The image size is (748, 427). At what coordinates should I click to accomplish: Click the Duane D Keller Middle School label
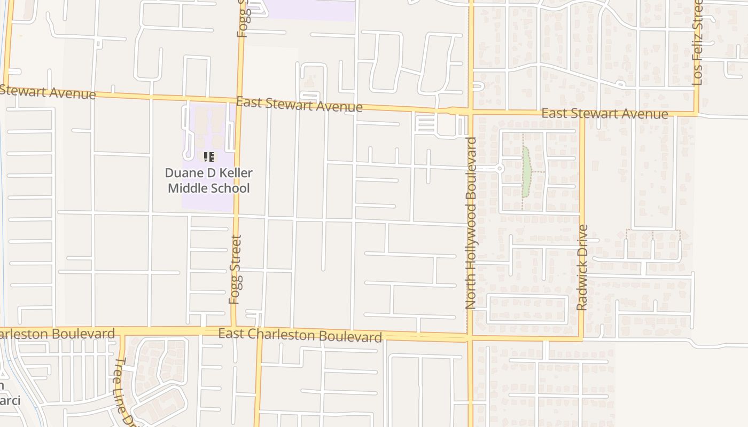pos(208,180)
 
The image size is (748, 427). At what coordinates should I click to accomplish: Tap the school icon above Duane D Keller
pos(208,156)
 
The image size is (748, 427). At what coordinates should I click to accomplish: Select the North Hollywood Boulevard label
pos(471,223)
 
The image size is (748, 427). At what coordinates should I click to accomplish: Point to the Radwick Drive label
pos(582,267)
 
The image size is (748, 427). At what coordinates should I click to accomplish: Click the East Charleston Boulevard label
pos(300,335)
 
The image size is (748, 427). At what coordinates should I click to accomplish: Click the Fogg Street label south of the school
pos(235,270)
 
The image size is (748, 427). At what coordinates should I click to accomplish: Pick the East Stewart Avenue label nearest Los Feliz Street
pos(604,114)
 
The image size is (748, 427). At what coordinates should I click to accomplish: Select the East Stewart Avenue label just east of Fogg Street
pos(299,105)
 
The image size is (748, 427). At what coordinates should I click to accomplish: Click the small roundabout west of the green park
pos(500,169)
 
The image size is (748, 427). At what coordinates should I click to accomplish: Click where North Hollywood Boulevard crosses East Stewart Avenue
pos(471,112)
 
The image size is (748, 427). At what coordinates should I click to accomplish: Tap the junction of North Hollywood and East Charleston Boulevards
pos(470,337)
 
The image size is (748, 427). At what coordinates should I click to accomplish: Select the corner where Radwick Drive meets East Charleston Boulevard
pos(582,338)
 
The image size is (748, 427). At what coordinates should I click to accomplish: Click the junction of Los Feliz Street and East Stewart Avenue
pos(697,114)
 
